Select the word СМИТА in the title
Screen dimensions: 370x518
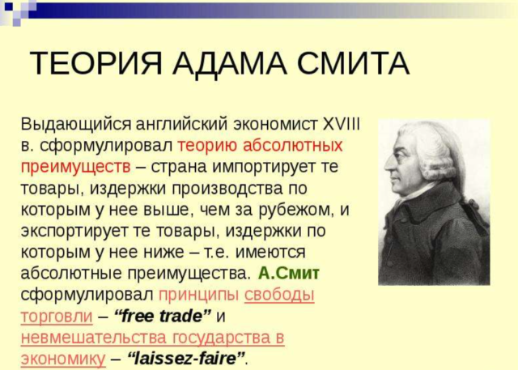coord(354,63)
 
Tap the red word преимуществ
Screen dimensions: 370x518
coord(75,167)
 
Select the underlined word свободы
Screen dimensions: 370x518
coord(279,294)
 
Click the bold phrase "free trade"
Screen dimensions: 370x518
coord(162,315)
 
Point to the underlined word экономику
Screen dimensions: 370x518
coord(63,357)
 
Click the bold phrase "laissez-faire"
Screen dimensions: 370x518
coord(185,357)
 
